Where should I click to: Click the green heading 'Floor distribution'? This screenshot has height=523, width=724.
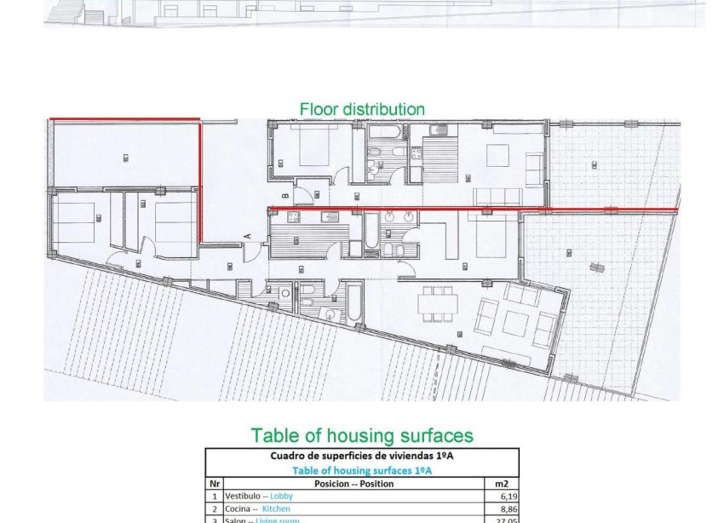click(x=361, y=109)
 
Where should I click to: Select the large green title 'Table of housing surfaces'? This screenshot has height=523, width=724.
click(x=361, y=435)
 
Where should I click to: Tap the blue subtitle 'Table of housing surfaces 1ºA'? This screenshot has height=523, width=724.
click(x=361, y=469)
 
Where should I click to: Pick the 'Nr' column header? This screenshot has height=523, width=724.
click(x=213, y=483)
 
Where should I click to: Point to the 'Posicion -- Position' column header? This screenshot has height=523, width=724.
click(x=353, y=483)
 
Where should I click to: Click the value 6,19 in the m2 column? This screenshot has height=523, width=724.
click(x=507, y=496)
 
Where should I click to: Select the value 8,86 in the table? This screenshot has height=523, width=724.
click(x=507, y=509)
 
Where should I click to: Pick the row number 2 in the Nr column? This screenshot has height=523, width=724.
click(x=213, y=509)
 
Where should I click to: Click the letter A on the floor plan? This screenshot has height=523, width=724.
click(x=247, y=235)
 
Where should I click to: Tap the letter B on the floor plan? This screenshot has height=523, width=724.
click(x=284, y=197)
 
